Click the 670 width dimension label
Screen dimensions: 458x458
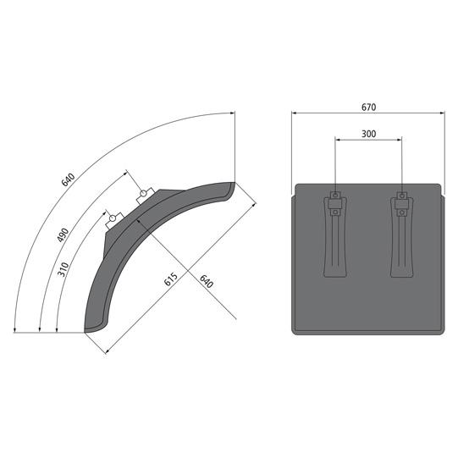(368, 108)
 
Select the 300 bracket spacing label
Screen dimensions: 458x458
(368, 134)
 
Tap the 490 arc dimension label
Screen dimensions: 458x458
(63, 235)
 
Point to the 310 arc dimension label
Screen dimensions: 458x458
(63, 269)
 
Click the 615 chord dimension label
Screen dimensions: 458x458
(170, 279)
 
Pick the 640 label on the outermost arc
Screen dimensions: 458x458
(68, 180)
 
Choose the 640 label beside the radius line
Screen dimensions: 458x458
(207, 281)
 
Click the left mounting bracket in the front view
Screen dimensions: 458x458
(335, 235)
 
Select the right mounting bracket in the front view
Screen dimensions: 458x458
(402, 235)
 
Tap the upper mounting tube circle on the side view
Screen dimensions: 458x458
(143, 193)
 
